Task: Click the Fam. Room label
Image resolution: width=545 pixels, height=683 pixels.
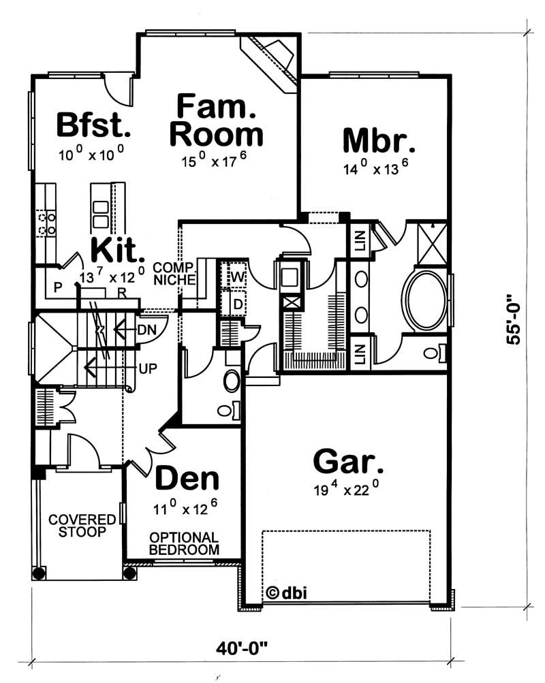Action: point(216,121)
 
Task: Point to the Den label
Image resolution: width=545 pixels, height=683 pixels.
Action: point(187,479)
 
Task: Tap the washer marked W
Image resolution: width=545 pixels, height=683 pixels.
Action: point(236,277)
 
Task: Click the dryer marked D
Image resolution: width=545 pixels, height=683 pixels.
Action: point(237,303)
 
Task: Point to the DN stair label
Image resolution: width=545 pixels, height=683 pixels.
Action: point(147,330)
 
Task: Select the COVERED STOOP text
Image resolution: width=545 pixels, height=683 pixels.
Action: point(76,526)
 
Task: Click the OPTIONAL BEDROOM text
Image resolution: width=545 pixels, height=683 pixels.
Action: point(184,543)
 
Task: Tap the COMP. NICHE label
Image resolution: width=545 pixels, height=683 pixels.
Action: point(175,273)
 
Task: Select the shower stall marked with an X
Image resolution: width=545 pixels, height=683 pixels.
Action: point(431,242)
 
